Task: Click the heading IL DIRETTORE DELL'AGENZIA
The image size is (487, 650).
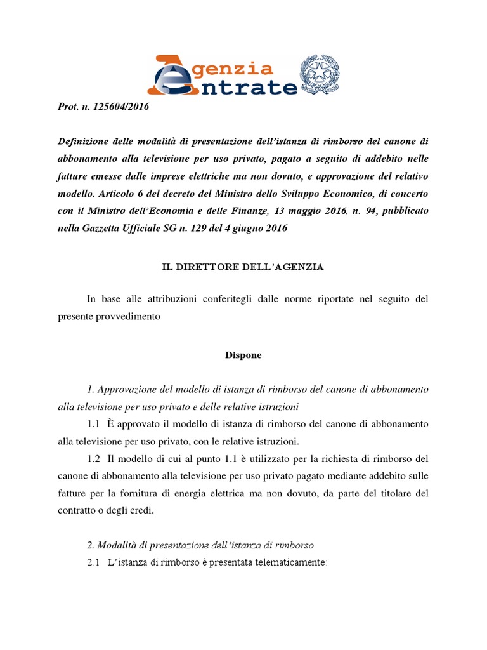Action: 243,267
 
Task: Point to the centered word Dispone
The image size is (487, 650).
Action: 243,355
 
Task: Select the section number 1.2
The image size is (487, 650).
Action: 95,457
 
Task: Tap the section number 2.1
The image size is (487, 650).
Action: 95,562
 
